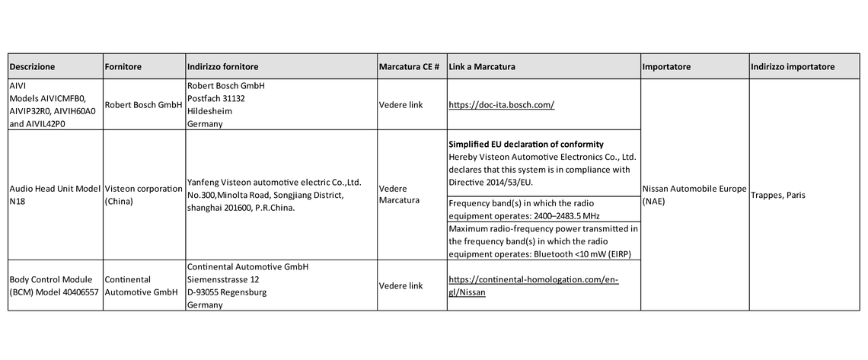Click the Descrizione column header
coord(33,67)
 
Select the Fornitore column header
coord(123,67)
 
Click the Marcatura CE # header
coord(409,67)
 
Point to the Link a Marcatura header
coord(482,67)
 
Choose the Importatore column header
coord(666,67)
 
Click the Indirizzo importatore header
coord(792,67)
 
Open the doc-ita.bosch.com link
coord(501,105)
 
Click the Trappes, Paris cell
coord(778,196)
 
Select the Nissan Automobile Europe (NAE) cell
coord(694,196)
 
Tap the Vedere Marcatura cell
coord(399,195)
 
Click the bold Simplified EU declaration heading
coord(525,145)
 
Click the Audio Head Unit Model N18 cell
coord(53,195)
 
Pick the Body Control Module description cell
coord(53,286)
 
